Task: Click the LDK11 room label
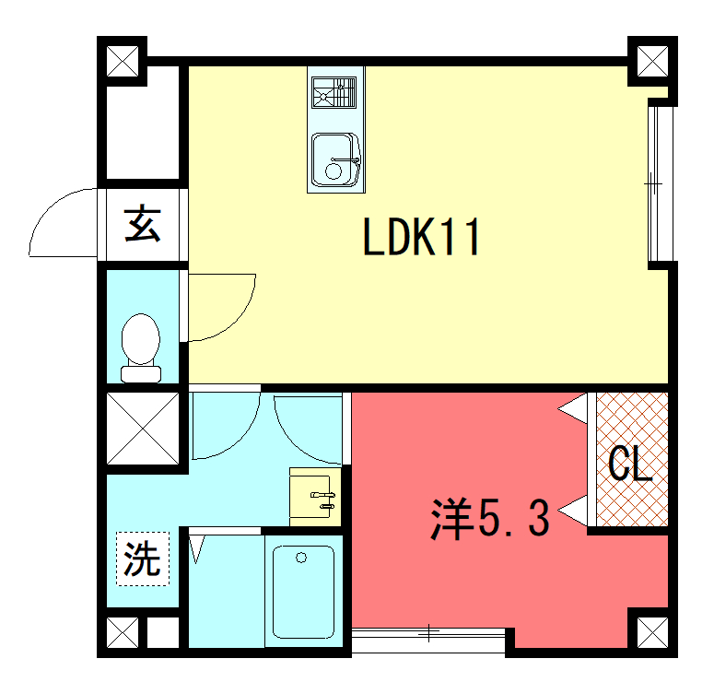point(421,236)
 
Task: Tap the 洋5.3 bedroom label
point(490,519)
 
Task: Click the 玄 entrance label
point(143,223)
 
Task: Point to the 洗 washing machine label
point(143,559)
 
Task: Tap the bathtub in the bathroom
point(303,592)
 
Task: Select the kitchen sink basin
point(336,159)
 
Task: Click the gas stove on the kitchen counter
point(334,92)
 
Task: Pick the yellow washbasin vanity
point(315,497)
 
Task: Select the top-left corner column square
point(123,61)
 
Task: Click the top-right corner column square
point(652,61)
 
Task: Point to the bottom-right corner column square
point(652,632)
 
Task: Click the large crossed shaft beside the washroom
point(143,429)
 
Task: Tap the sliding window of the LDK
point(661,183)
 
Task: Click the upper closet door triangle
point(573,408)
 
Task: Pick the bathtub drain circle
point(301,558)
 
